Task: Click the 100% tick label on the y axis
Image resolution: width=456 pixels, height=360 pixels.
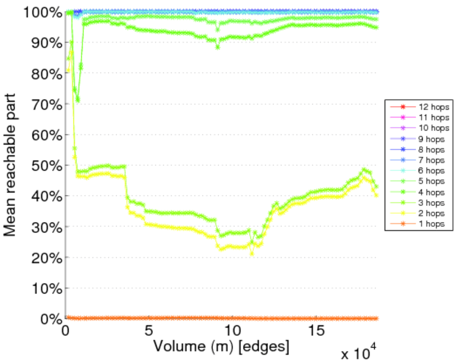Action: [x=43, y=12]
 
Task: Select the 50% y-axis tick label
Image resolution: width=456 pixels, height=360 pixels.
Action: [x=46, y=166]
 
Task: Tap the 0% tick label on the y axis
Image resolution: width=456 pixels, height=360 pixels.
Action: [x=50, y=319]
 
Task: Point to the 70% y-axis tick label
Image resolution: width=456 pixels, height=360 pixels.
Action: [x=46, y=104]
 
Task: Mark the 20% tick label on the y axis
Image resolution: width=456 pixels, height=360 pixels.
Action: [x=46, y=257]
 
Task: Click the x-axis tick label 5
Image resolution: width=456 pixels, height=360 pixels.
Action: [x=149, y=330]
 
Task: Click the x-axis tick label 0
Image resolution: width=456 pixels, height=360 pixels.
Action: [x=65, y=330]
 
